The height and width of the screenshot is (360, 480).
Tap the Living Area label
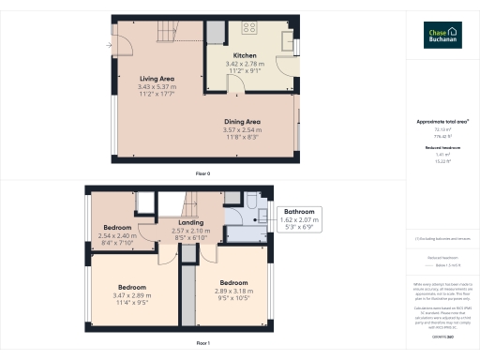click(x=157, y=78)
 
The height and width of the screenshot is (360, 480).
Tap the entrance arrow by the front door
click(x=110, y=43)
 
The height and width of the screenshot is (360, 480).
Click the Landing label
click(x=191, y=223)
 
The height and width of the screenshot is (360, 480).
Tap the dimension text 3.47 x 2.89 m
click(x=132, y=295)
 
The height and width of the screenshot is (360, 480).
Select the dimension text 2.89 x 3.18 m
click(x=232, y=290)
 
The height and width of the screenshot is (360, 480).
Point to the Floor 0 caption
click(x=202, y=174)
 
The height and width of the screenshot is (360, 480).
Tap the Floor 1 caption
click(x=202, y=344)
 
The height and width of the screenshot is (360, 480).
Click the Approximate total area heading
click(x=442, y=122)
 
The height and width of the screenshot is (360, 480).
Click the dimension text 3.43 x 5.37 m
click(x=157, y=85)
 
